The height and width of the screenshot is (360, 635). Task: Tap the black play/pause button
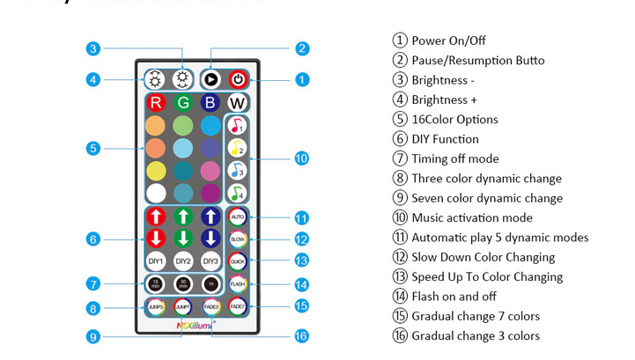(210, 79)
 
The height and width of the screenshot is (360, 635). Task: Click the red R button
(156, 103)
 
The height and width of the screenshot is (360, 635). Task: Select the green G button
(183, 103)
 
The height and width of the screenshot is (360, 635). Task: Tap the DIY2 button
(183, 261)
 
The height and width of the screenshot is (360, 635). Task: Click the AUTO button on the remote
(238, 216)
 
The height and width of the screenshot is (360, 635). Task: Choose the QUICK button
(238, 261)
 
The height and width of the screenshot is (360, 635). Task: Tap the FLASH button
(238, 284)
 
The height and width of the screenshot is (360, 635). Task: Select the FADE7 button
(238, 306)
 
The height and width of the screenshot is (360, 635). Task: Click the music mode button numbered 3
(237, 170)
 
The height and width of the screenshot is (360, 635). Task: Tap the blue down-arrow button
(210, 239)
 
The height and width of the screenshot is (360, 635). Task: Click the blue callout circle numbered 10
(301, 158)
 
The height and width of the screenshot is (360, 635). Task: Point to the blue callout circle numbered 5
(93, 149)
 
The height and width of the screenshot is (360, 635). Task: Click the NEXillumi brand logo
(195, 325)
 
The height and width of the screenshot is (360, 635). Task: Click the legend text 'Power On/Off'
(448, 40)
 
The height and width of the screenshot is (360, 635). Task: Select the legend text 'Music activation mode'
(471, 217)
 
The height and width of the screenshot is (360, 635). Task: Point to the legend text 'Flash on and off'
(454, 297)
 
